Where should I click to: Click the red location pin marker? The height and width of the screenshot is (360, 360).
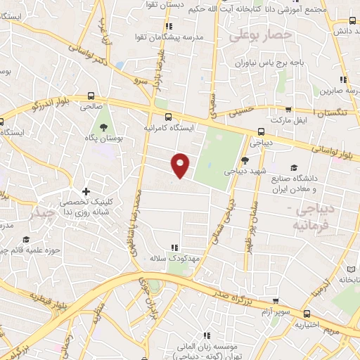pyautogui.click(x=181, y=165)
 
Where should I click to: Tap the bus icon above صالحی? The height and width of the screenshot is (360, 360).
pyautogui.click(x=90, y=96)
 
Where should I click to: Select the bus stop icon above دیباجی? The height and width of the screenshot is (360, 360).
pyautogui.click(x=262, y=131)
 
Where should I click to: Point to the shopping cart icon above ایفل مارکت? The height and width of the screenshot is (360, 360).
pyautogui.click(x=288, y=110)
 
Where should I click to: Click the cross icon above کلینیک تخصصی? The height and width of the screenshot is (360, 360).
pyautogui.click(x=86, y=191)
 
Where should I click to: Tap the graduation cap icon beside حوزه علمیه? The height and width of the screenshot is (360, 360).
pyautogui.click(x=25, y=240)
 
